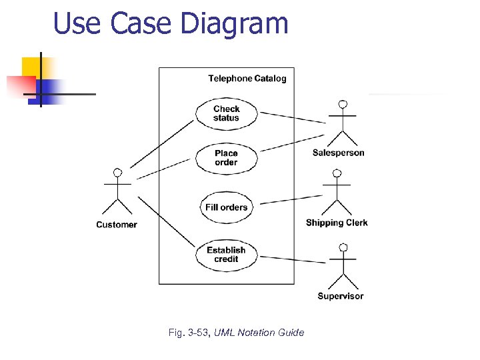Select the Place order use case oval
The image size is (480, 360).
tap(226, 158)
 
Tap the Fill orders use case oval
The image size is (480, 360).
tap(226, 207)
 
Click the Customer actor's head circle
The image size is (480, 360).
tap(117, 173)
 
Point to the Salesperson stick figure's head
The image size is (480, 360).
tap(343, 105)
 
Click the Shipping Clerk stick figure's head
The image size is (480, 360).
tap(337, 173)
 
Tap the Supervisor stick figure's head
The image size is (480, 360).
tap(343, 247)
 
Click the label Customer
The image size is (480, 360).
tap(117, 225)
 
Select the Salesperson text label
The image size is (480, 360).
tap(339, 153)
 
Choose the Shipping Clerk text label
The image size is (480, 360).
tap(337, 223)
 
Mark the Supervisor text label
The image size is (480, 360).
tap(341, 296)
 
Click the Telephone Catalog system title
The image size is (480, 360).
tap(247, 79)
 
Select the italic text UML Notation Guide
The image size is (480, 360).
tap(259, 333)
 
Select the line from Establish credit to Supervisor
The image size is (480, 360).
tap(292, 259)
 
